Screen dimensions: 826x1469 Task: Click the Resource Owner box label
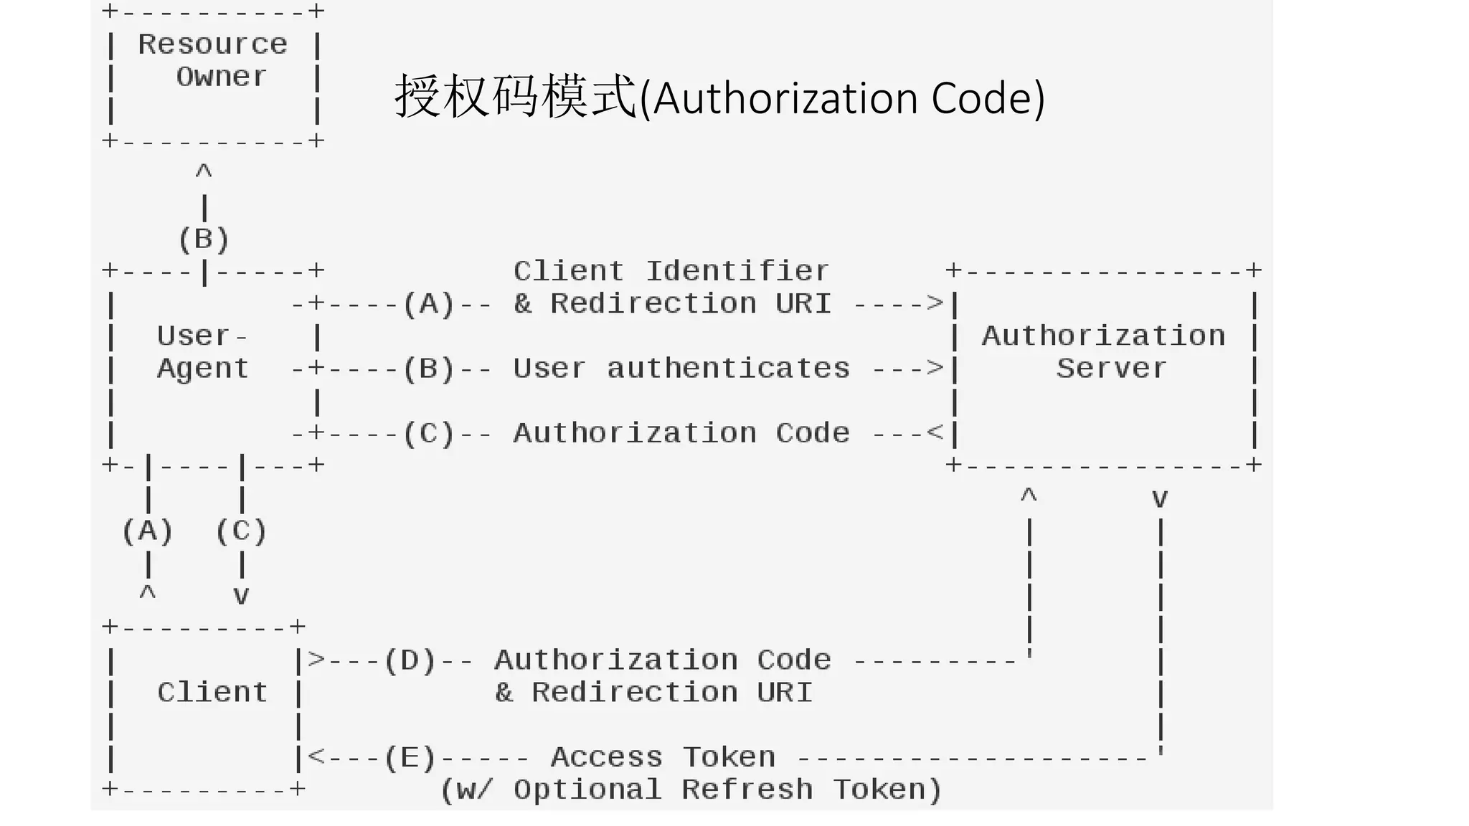click(212, 60)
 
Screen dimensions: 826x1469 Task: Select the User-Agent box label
click(202, 352)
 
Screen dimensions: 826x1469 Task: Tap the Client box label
click(212, 693)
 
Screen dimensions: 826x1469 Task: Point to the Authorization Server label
click(1104, 352)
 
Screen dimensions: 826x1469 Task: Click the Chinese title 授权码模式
click(515, 98)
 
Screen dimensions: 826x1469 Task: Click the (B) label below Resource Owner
click(204, 239)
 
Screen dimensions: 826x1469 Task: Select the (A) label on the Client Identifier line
click(428, 304)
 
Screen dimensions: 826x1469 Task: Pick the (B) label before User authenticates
click(428, 369)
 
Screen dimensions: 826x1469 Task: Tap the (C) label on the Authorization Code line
click(428, 434)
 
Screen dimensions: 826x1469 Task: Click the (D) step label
click(410, 660)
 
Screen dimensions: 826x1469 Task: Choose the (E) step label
click(410, 757)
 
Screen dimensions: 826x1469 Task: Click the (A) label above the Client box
click(147, 531)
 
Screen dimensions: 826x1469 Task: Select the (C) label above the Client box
click(241, 531)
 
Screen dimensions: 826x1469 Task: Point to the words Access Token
click(663, 757)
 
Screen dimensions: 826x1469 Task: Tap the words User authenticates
click(681, 369)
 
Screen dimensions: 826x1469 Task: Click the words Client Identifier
click(671, 271)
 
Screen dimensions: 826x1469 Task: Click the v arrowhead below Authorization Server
click(1160, 498)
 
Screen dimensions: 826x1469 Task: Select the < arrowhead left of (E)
click(316, 756)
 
